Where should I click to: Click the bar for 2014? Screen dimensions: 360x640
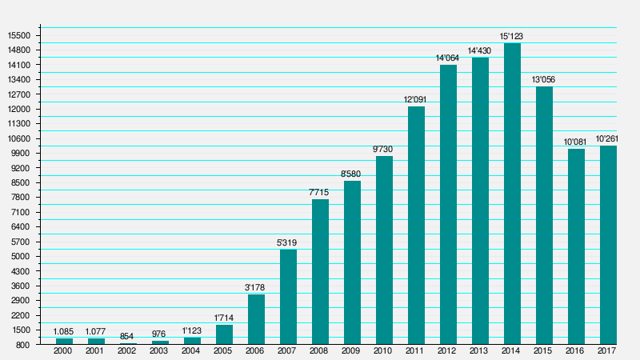[512, 194]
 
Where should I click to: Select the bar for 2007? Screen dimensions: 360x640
[288, 297]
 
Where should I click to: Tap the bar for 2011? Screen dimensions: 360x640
[416, 226]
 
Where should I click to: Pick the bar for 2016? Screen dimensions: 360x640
[576, 246]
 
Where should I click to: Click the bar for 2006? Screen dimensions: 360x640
[256, 319]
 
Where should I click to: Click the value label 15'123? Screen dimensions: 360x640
[512, 36]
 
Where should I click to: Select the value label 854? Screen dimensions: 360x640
[126, 336]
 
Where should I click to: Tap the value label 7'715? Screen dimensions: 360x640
[319, 192]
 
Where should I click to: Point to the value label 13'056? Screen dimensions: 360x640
[544, 79]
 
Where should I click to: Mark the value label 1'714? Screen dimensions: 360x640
[224, 318]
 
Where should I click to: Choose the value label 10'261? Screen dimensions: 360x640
[607, 138]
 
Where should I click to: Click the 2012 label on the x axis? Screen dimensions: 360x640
[448, 351]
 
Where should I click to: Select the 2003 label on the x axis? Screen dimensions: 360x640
[159, 351]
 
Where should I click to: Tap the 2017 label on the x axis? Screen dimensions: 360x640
[607, 351]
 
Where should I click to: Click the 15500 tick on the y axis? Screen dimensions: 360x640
[18, 35]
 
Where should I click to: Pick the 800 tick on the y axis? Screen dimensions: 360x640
[24, 345]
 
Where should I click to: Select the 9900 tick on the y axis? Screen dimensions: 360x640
[20, 154]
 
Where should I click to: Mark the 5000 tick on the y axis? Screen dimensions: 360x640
[20, 257]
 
